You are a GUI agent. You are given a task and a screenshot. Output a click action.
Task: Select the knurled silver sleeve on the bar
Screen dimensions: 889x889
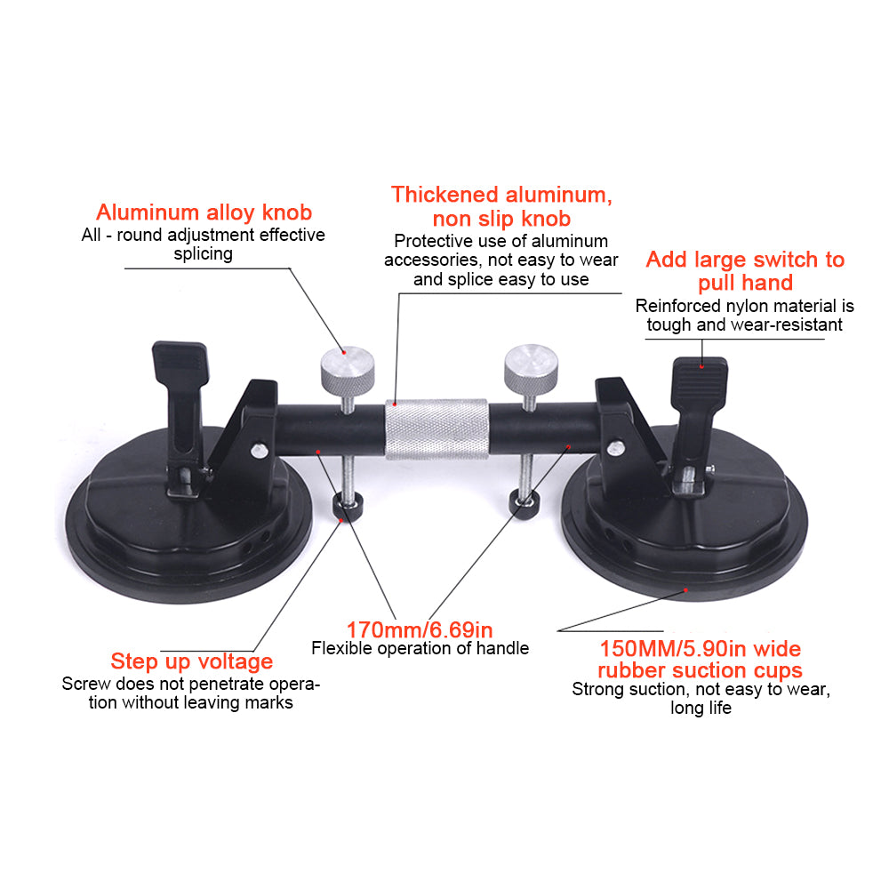(436, 428)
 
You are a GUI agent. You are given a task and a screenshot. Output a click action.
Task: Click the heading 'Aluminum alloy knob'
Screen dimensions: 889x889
(204, 212)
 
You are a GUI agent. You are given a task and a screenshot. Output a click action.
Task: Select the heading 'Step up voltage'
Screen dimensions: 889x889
(191, 661)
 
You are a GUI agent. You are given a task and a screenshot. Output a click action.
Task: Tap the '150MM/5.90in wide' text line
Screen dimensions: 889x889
(701, 647)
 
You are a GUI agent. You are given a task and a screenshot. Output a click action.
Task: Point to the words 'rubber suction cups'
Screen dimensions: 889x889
(700, 669)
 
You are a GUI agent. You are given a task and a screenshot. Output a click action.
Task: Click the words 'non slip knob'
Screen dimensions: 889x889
(501, 219)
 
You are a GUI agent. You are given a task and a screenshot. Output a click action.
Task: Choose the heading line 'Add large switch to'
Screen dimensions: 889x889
(745, 260)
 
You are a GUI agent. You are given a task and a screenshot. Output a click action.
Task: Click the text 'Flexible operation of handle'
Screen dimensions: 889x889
(420, 649)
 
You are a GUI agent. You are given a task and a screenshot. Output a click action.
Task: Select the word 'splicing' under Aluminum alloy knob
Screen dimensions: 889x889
(203, 254)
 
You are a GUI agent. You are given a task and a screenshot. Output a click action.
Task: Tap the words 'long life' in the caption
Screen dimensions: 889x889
(701, 709)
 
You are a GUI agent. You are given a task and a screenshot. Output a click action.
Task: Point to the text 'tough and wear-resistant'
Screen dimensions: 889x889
(745, 324)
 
